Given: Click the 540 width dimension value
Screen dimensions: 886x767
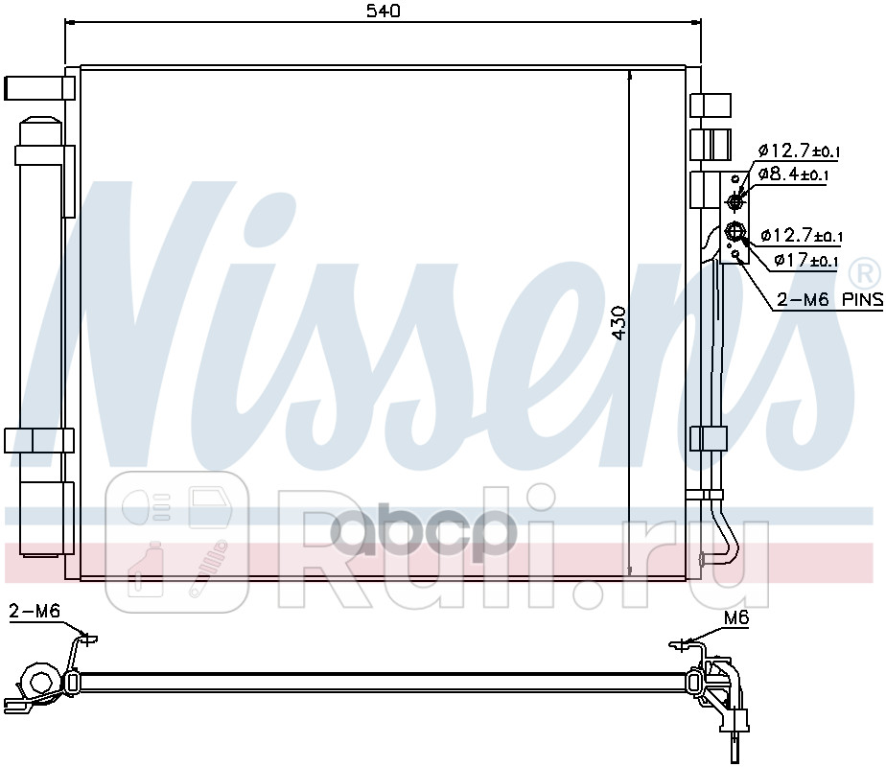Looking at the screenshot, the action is (384, 11).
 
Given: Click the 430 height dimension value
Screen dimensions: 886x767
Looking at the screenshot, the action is (619, 323).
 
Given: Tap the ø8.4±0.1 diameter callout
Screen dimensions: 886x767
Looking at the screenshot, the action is (793, 174).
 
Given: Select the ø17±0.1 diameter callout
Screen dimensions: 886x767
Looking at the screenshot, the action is (806, 261).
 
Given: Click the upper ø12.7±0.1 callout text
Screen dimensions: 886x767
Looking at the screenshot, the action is (799, 151).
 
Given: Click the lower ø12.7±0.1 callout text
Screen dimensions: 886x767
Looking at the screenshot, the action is (802, 234).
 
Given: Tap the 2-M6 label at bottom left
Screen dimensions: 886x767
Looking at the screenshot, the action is (35, 611).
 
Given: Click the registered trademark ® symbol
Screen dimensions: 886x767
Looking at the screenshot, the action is (864, 273).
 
